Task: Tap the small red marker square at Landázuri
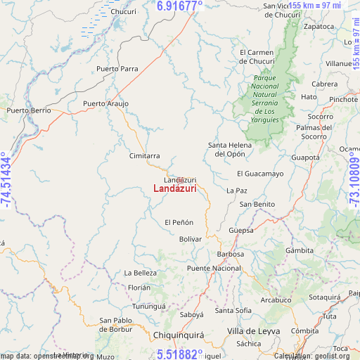180,181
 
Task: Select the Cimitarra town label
144,156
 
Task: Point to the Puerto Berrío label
29,111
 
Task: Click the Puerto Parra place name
117,69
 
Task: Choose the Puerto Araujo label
105,104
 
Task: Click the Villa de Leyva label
254,330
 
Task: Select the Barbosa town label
231,254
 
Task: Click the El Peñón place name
179,222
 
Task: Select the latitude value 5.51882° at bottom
179,354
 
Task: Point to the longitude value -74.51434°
6,180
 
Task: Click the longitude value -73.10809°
353,180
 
